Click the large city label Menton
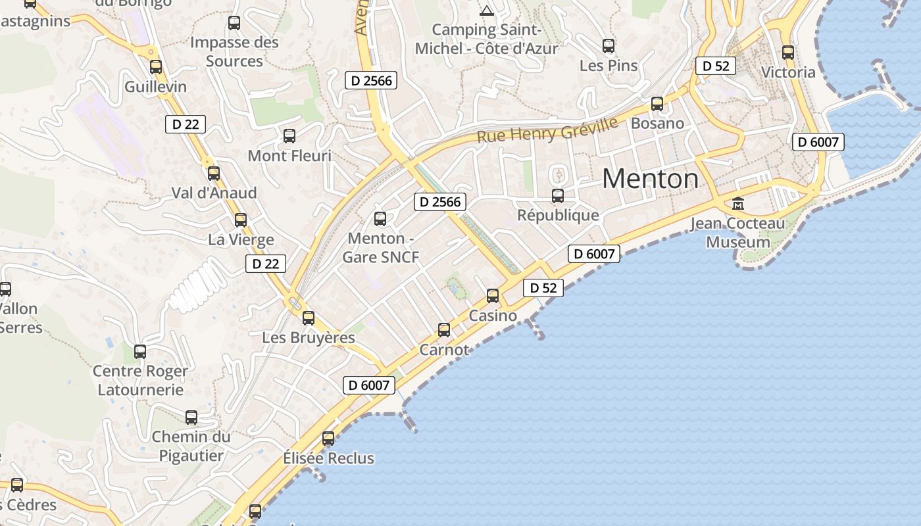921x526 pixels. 650,178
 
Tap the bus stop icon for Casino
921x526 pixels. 493,296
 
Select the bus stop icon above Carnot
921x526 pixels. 444,329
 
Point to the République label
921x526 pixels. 558,215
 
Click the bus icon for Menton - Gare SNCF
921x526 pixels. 380,219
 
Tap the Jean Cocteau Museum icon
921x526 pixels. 737,204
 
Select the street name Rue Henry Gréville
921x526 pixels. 547,130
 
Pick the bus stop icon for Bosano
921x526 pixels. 657,104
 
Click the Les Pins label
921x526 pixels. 609,66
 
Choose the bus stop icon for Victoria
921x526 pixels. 788,53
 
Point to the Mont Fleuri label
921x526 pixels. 289,156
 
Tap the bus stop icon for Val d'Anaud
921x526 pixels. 214,174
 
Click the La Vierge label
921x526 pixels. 241,239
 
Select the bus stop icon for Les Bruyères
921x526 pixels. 309,318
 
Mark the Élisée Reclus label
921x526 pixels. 328,458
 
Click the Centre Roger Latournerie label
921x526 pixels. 140,380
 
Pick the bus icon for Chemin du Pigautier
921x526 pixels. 191,418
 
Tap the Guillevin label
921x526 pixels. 156,87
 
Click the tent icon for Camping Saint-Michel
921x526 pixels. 486,11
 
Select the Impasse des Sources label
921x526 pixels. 234,51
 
